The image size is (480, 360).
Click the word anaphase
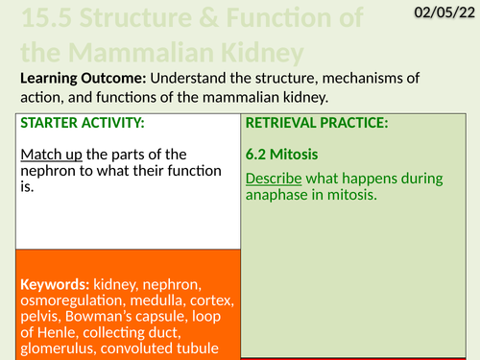coord(280,196)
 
